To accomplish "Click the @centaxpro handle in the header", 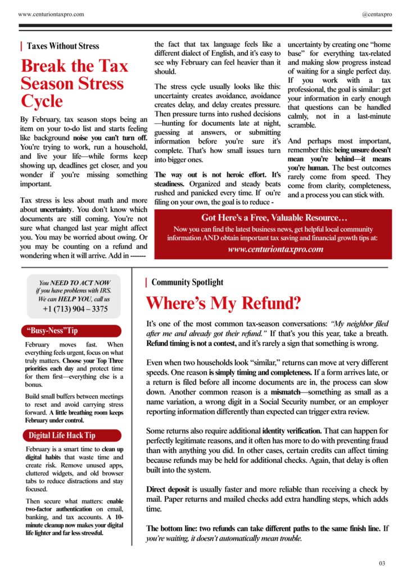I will (377, 14).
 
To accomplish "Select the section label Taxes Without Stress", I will (63, 46).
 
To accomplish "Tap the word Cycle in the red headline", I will (42, 101).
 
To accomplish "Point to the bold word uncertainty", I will (56, 209).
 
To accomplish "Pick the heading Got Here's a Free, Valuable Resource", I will (274, 218).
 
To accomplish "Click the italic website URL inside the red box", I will (275, 249).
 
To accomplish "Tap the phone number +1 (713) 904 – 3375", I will (75, 309).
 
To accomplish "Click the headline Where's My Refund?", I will (223, 304).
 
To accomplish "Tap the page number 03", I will (382, 563).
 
